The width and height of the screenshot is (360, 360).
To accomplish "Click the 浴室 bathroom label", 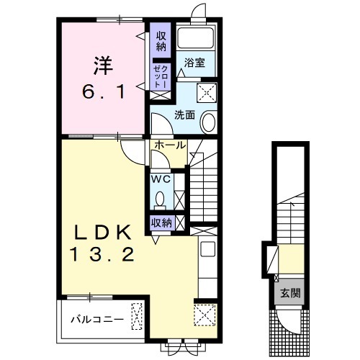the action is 194,63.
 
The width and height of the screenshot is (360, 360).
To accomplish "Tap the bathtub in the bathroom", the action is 195,38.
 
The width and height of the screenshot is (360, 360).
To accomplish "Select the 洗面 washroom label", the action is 184,115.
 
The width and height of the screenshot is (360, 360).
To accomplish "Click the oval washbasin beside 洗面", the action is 209,122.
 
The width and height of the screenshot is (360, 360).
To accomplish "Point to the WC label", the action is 161,179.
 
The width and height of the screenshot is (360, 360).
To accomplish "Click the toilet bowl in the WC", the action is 160,199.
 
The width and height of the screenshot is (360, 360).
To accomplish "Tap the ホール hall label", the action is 170,145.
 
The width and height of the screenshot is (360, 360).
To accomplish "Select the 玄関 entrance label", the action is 290,292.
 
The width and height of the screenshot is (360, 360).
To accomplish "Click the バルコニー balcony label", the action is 97,320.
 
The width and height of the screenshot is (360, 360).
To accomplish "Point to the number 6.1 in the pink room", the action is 104,92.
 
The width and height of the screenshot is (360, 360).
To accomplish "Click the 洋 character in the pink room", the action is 103,66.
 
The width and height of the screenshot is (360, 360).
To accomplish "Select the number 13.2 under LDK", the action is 102,254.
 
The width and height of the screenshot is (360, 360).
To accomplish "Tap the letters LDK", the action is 103,232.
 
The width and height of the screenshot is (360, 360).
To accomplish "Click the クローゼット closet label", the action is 161,76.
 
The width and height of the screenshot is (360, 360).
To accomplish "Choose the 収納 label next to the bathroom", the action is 161,41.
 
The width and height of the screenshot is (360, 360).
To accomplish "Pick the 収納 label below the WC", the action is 161,223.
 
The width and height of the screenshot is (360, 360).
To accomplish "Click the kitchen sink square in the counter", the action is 208,249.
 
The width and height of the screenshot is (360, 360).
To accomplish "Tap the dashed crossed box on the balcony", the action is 137,316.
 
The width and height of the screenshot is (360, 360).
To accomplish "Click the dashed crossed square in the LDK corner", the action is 204,315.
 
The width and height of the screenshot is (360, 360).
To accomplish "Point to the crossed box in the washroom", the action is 207,93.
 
